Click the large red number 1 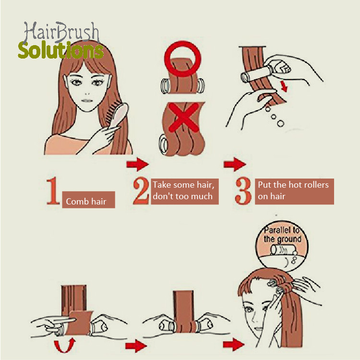[53, 191]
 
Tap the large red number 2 [141, 191]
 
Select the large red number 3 [243, 191]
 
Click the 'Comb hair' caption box [88, 200]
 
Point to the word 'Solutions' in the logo [61, 50]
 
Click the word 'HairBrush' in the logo [61, 32]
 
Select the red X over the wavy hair [183, 117]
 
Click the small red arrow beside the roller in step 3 [284, 86]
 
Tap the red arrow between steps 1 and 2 [137, 164]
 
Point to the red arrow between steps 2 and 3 [235, 164]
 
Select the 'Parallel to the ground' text [282, 234]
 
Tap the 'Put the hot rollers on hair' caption [294, 191]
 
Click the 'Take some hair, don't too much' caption [185, 191]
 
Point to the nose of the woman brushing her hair [87, 94]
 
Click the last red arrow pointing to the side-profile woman [233, 344]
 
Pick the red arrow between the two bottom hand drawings [136, 346]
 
